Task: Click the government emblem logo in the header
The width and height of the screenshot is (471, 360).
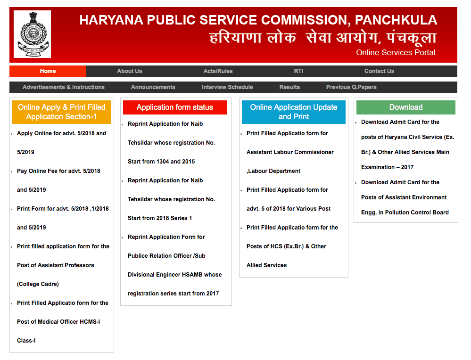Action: (x=32, y=34)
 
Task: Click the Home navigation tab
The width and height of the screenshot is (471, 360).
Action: (x=48, y=71)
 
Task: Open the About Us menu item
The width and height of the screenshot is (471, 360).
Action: (x=129, y=71)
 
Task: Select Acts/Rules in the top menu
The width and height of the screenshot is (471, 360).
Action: (x=218, y=71)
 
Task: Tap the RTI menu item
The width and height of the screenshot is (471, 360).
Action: (x=298, y=71)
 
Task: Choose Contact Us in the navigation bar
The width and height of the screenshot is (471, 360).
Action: (x=379, y=71)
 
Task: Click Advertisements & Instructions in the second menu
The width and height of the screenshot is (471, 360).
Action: (x=64, y=87)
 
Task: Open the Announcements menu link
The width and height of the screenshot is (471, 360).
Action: (x=153, y=87)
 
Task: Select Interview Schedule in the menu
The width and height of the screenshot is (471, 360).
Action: (x=227, y=87)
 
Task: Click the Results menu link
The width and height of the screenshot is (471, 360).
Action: (x=289, y=87)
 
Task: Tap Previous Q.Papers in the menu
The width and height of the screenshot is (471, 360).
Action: (x=351, y=87)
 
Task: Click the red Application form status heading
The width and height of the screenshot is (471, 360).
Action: (x=175, y=107)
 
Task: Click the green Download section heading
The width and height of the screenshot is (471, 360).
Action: (x=406, y=107)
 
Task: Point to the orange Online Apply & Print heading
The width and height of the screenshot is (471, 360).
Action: (x=62, y=112)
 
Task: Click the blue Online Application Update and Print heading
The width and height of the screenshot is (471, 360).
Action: (x=294, y=112)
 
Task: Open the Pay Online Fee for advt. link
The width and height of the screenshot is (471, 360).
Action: (x=58, y=171)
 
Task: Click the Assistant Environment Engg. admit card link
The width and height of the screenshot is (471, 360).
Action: (x=404, y=197)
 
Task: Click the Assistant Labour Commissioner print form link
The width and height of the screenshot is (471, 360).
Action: (x=289, y=152)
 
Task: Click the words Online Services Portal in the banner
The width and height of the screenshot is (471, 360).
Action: (x=396, y=52)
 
